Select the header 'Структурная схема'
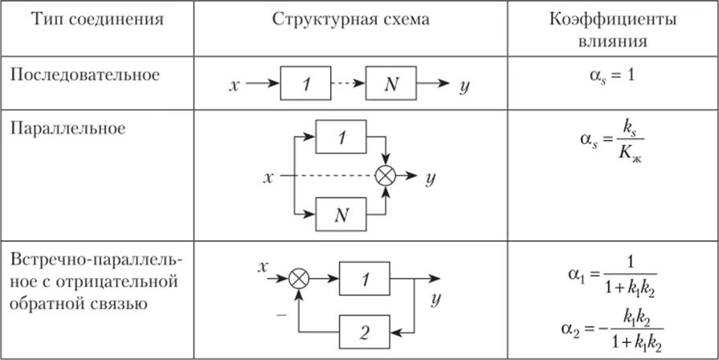(x=351, y=20)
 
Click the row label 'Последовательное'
(x=85, y=75)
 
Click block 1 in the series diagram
(x=304, y=84)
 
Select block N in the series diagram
(x=391, y=84)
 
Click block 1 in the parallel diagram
(x=341, y=137)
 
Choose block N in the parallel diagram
(x=341, y=213)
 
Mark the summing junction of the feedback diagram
(x=299, y=278)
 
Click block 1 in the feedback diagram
(x=365, y=278)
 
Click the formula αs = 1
(x=612, y=75)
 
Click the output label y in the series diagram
(x=464, y=84)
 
